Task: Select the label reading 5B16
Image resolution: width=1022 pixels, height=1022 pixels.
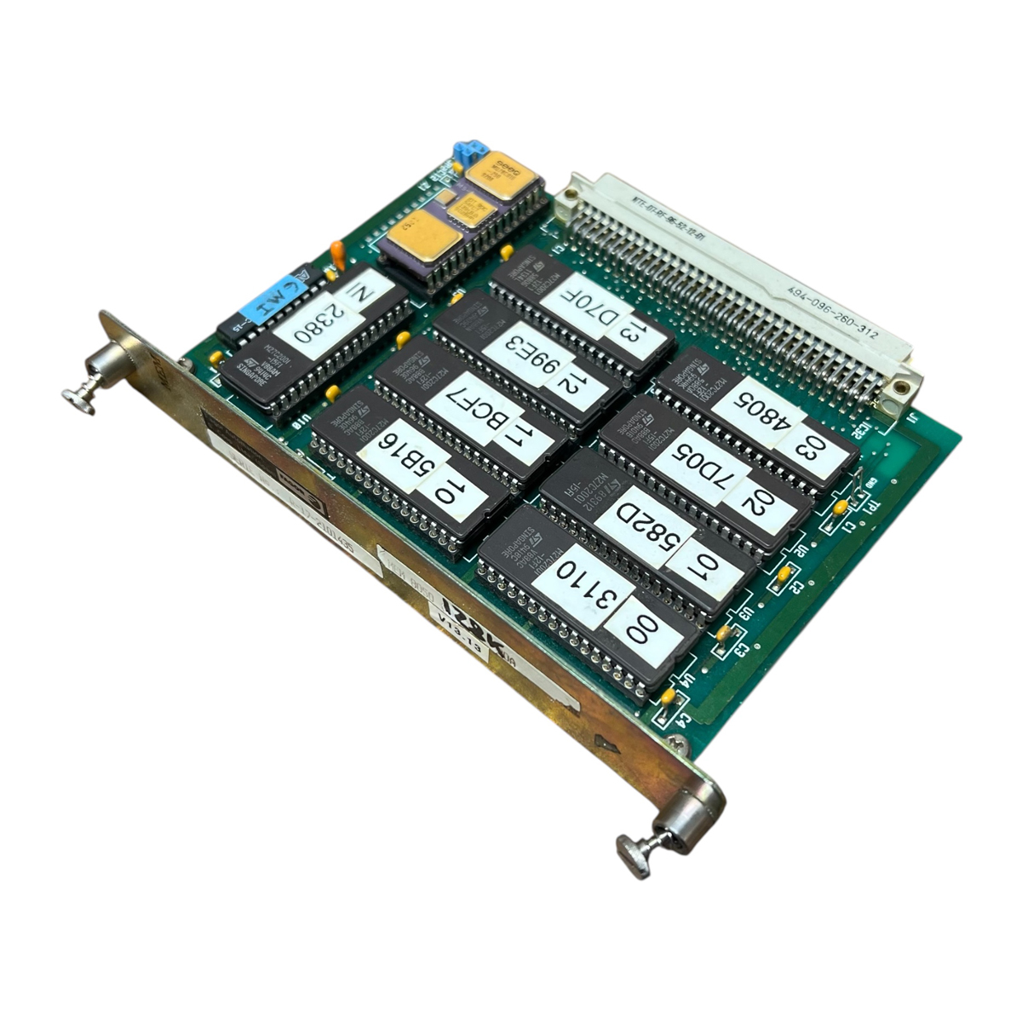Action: point(400,461)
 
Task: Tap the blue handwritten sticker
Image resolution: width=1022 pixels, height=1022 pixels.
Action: point(271,299)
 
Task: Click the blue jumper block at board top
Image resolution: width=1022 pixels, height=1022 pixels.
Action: point(465,152)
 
